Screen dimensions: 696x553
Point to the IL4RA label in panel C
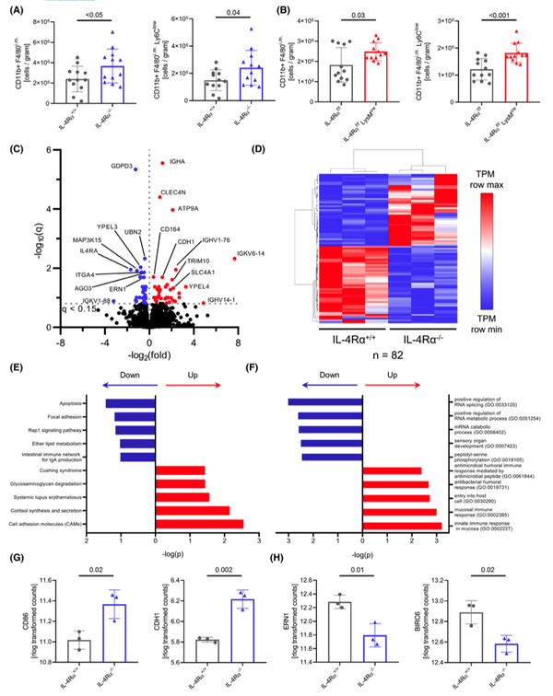[x=89, y=250]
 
